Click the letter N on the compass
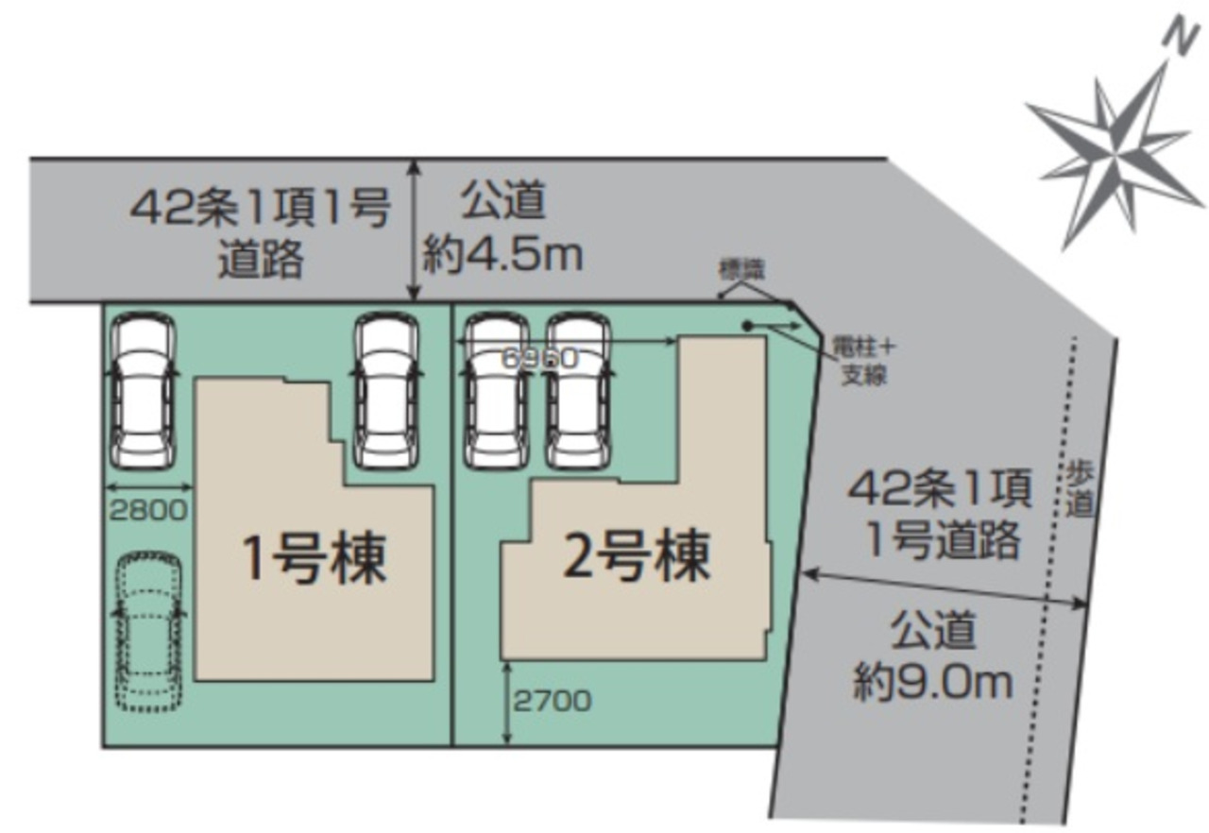1174,37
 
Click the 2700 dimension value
553,700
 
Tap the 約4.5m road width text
502,255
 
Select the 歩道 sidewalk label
1081,489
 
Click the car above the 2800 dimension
143,389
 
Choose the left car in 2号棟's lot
495,390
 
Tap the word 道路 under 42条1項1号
261,259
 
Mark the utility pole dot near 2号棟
747,326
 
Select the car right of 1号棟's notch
386,390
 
